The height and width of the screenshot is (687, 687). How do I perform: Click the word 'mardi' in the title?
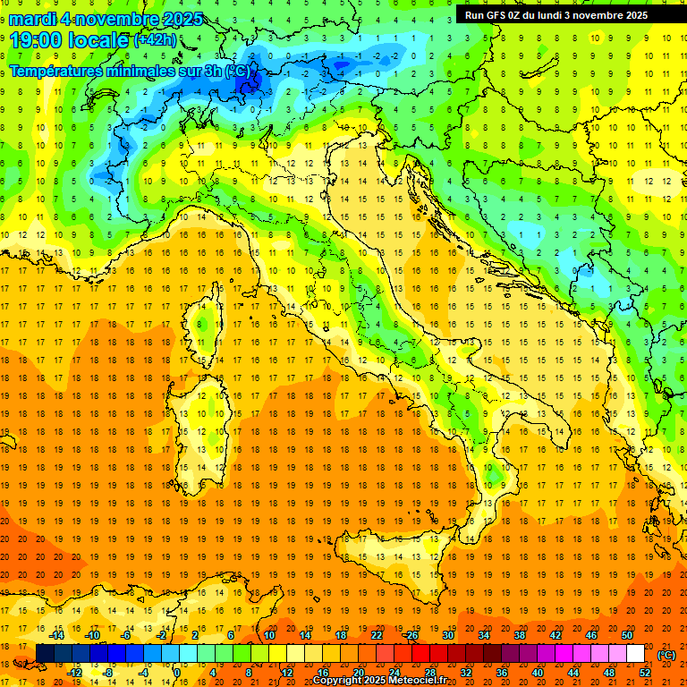click(37, 19)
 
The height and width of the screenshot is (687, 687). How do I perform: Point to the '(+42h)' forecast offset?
click(155, 40)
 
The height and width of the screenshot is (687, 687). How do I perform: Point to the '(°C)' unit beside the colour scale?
click(666, 655)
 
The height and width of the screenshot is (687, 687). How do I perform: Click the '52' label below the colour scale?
click(646, 673)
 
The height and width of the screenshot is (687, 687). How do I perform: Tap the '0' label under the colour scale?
click(176, 673)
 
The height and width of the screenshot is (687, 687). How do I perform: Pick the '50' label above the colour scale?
click(627, 635)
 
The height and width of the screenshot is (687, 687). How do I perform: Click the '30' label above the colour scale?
click(448, 635)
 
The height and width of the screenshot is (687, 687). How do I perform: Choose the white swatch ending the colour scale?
click(635, 654)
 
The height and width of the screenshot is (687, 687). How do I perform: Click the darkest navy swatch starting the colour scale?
click(45, 654)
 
